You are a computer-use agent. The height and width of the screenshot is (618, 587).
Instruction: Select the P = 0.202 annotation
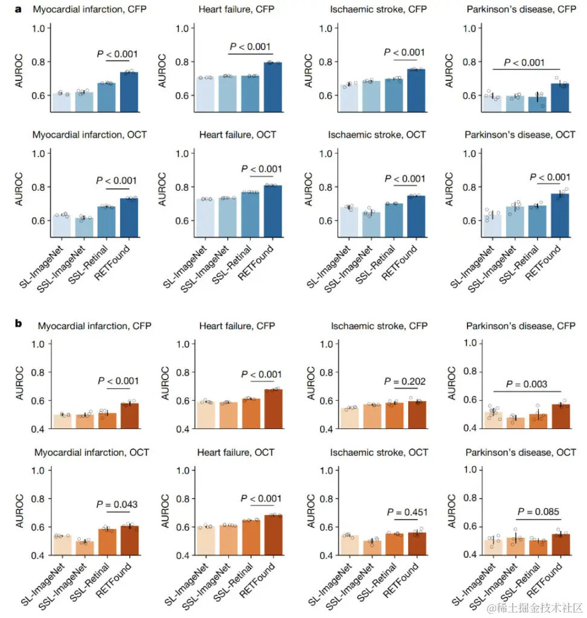pyautogui.click(x=405, y=381)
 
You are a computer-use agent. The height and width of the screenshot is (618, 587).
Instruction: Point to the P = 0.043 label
pyautogui.click(x=117, y=504)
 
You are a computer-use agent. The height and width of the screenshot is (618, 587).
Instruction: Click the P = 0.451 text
pyautogui.click(x=407, y=512)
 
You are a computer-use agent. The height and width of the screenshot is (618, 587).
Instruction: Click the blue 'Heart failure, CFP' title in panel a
pyautogui.click(x=237, y=10)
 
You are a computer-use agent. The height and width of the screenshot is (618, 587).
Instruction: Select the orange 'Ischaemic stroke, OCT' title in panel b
pyautogui.click(x=379, y=452)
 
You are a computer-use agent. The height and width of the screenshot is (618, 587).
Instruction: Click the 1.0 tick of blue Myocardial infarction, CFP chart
pyautogui.click(x=39, y=28)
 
